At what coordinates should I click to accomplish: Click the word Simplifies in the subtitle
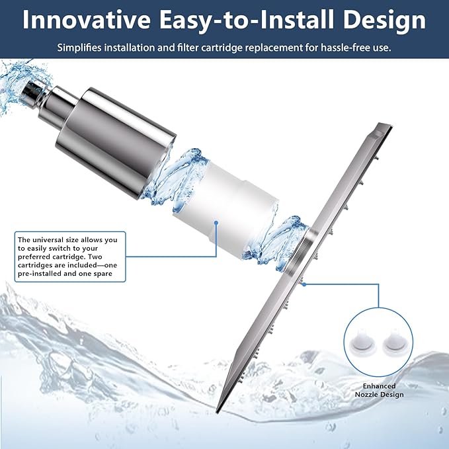[80, 48]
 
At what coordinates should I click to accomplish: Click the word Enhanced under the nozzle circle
[379, 386]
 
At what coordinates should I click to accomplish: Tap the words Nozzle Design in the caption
[379, 395]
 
